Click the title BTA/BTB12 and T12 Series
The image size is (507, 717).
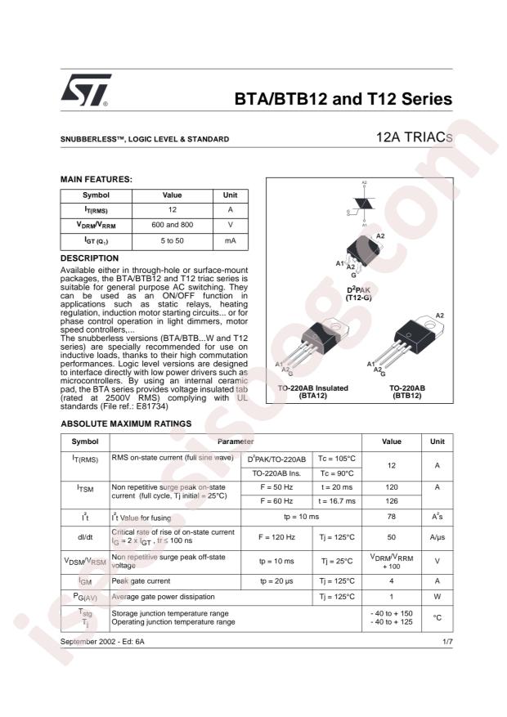coord(343,100)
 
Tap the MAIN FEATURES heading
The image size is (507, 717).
coord(96,179)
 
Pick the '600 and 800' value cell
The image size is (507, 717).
coord(172,224)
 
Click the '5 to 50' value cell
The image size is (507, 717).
coord(172,241)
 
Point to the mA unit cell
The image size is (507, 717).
coord(230,241)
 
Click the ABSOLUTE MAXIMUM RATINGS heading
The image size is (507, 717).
coord(126,423)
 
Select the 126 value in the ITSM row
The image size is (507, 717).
coord(392,501)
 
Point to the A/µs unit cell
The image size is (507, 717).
coord(437,539)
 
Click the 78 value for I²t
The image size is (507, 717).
coord(392,518)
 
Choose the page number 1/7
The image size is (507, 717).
coord(446,642)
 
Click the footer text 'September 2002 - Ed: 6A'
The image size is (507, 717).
coord(103,642)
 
